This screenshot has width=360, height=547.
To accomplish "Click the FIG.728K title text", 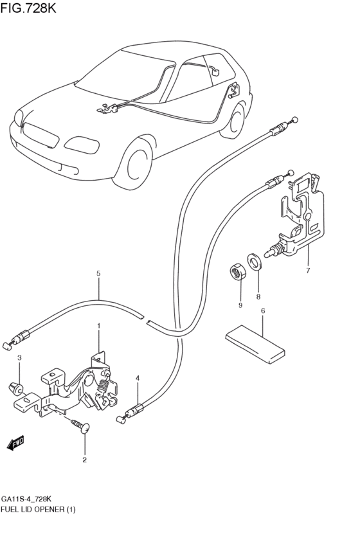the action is coord(28,8).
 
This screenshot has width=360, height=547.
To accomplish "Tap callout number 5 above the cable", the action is coord(98,274).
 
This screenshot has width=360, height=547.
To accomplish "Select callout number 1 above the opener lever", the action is coord(99,326).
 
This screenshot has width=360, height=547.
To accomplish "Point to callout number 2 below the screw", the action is coord(84,460).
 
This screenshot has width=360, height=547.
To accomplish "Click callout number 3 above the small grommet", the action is coord(19,358).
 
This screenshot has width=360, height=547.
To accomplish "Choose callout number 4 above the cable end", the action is coord(138,378).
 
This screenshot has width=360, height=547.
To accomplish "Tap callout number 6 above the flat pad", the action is coord(263,310).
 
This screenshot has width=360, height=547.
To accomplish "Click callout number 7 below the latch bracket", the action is coord(308,271).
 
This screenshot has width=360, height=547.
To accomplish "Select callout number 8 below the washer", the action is coord(258,297).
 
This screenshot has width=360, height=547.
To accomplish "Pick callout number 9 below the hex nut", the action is coord(240,305).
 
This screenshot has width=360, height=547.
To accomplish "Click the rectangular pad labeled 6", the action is coord(255,345).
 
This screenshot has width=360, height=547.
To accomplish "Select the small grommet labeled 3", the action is coord(15,388).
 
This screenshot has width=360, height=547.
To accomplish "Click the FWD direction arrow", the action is coord(15,443).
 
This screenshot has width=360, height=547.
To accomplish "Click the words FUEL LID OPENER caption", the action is coord(32,510).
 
